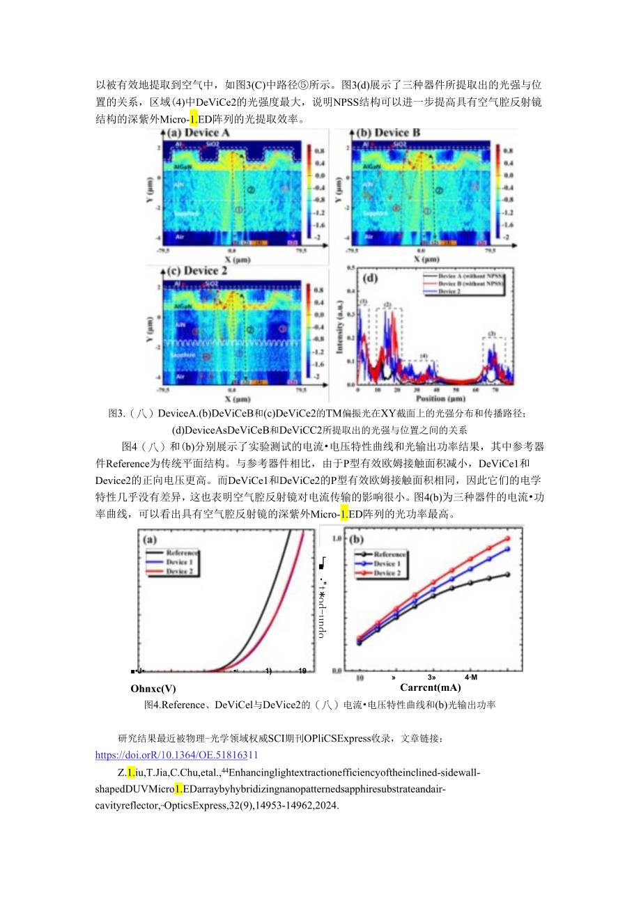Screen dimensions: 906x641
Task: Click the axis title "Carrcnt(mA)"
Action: pyautogui.click(x=430, y=687)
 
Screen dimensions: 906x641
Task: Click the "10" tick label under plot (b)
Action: pyautogui.click(x=360, y=676)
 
